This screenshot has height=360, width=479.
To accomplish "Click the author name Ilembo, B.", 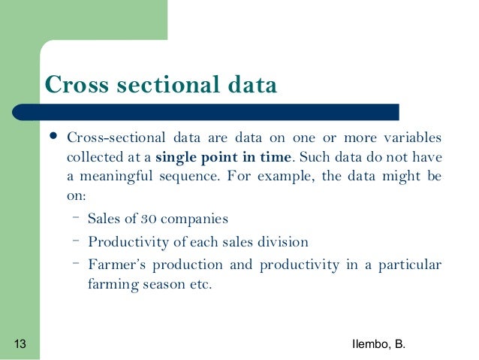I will tap(378, 344).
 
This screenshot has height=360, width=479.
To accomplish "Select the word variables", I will tap(411, 138).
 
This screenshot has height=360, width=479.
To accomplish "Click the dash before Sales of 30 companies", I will tap(77, 218).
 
